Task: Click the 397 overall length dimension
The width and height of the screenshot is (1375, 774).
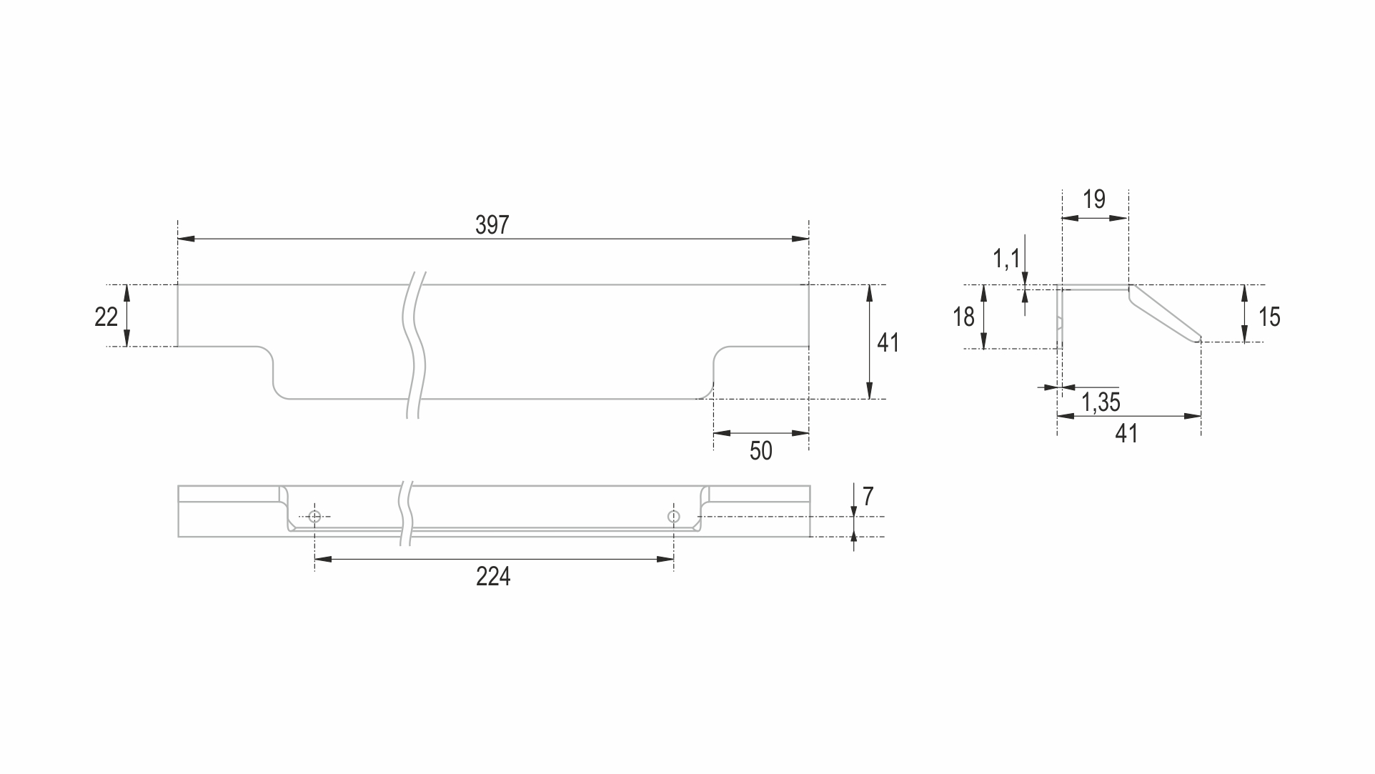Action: pyautogui.click(x=492, y=225)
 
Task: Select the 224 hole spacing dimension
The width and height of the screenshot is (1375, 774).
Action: pyautogui.click(x=493, y=576)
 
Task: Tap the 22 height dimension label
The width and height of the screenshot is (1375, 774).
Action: pyautogui.click(x=106, y=317)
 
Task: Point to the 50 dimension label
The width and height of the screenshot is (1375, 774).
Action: pyautogui.click(x=761, y=451)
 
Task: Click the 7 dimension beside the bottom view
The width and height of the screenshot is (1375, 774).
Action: pyautogui.click(x=868, y=496)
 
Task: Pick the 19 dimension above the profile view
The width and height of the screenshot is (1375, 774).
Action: pyautogui.click(x=1094, y=199)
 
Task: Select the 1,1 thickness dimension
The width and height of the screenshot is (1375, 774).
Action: pyautogui.click(x=1006, y=258)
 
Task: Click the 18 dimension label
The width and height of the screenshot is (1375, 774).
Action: pyautogui.click(x=963, y=317)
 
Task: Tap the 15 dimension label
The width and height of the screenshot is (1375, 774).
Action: pyautogui.click(x=1269, y=317)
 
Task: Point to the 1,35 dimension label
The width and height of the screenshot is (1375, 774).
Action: pyautogui.click(x=1101, y=402)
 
